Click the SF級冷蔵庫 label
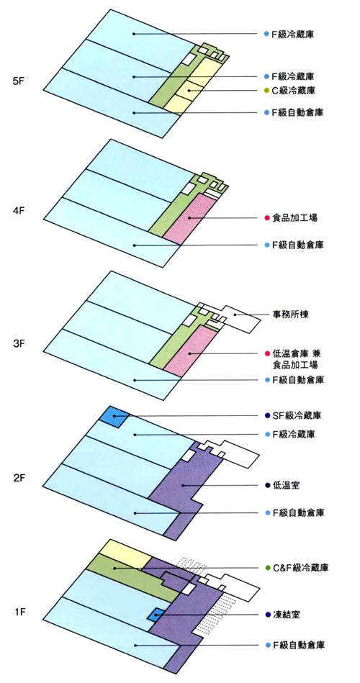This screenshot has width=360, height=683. point(297,415)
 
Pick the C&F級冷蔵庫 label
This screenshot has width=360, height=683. point(300,568)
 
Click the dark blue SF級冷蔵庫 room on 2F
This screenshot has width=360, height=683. point(114,417)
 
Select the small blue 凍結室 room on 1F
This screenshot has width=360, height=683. point(156,615)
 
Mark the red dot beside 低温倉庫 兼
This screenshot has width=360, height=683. point(266,353)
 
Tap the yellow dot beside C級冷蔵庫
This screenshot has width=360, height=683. point(266,91)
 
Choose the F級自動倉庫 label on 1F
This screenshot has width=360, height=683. point(297,645)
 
